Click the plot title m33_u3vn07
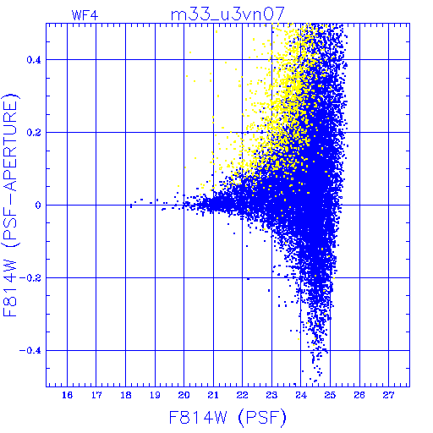pos(227,14)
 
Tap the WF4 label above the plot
pos(85,15)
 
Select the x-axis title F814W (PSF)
pos(227,418)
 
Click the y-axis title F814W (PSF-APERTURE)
pos(11,205)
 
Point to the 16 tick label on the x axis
pos(67,395)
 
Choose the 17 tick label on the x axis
pos(96,395)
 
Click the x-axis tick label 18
pos(126,395)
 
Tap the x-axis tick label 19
pos(155,395)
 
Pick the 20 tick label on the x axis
pos(184,395)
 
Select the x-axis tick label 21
pos(213,395)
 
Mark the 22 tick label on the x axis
pos(242,395)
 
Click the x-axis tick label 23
pos(271,395)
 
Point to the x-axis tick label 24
pos(301,395)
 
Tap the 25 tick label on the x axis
pos(330,395)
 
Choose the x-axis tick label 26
pos(359,395)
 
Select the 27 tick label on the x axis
pos(388,395)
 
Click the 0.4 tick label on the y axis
pos(34,60)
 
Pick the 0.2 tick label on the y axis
pos(34,133)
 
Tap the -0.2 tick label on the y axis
pos(30,278)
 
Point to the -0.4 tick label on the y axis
pos(30,351)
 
